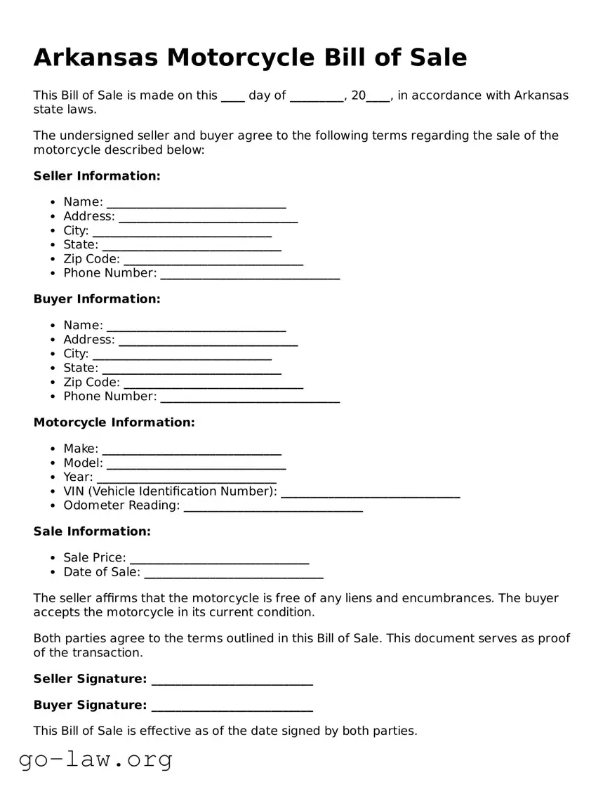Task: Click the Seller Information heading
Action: point(97,175)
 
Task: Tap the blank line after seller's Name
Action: point(196,204)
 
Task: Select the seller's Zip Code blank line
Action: point(213,261)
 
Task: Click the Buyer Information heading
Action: point(97,299)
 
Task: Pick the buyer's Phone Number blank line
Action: point(250,399)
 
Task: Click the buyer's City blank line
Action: point(182,356)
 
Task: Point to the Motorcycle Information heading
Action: point(114,422)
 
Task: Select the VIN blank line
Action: point(370,494)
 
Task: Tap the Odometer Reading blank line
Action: point(273,508)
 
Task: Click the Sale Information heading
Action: point(92,531)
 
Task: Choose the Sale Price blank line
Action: point(219,560)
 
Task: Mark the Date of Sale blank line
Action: point(233,575)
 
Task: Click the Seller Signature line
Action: point(232,682)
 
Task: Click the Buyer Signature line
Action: point(232,708)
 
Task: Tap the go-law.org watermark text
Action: point(95,759)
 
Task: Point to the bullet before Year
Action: point(53,477)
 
